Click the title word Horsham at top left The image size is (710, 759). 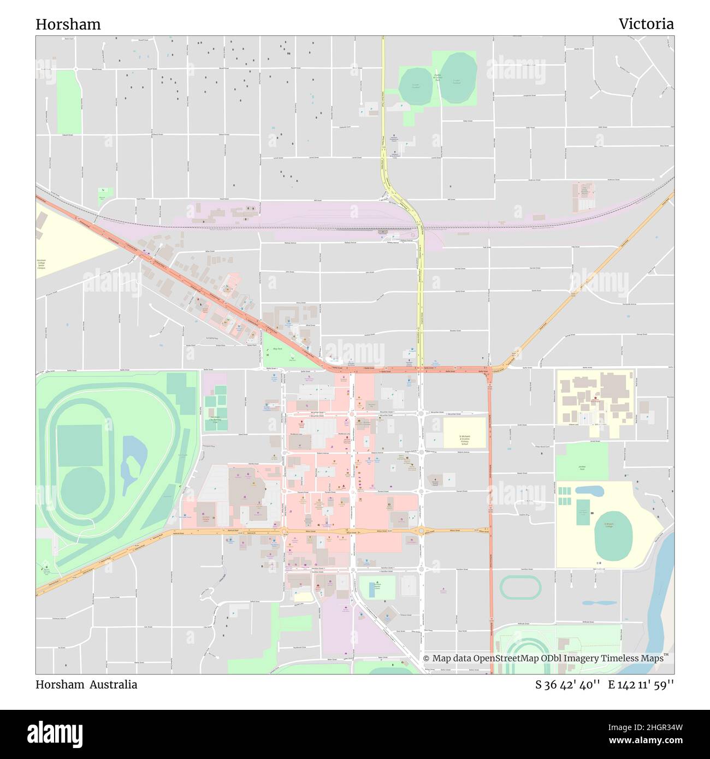coord(68,25)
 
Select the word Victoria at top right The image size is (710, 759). coord(646,24)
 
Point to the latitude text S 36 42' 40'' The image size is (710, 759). coord(567,685)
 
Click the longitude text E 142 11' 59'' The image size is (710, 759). coord(641,685)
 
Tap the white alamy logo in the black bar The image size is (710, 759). coord(55,733)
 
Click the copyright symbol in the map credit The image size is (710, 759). coord(427,659)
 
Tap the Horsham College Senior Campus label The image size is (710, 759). coord(42,264)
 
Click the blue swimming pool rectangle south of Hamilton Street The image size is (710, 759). coord(372,589)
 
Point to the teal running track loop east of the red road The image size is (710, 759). coord(520,588)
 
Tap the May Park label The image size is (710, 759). coord(277,348)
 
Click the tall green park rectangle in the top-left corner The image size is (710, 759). coord(68,102)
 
